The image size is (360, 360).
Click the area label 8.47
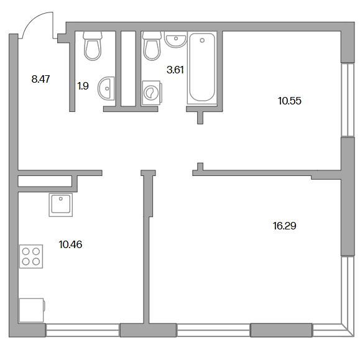40,79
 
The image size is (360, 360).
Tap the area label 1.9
83,86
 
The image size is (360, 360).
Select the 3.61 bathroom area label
175,70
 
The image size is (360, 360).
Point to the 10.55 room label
290,101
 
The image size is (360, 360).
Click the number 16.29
285,226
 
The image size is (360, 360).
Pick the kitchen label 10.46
70,244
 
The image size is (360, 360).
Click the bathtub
202,68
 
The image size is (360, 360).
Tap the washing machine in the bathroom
152,93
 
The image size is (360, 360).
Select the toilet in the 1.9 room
93,46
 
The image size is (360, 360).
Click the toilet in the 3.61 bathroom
152,46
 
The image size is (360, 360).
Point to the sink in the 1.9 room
106,88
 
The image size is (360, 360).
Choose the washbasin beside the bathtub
175,40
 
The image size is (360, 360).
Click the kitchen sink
60,205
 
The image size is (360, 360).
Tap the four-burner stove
31,256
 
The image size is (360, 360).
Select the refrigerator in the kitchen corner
32,310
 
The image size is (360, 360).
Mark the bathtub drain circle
202,40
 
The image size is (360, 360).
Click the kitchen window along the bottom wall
83,330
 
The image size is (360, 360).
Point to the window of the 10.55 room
348,100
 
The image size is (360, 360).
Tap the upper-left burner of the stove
26,251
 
